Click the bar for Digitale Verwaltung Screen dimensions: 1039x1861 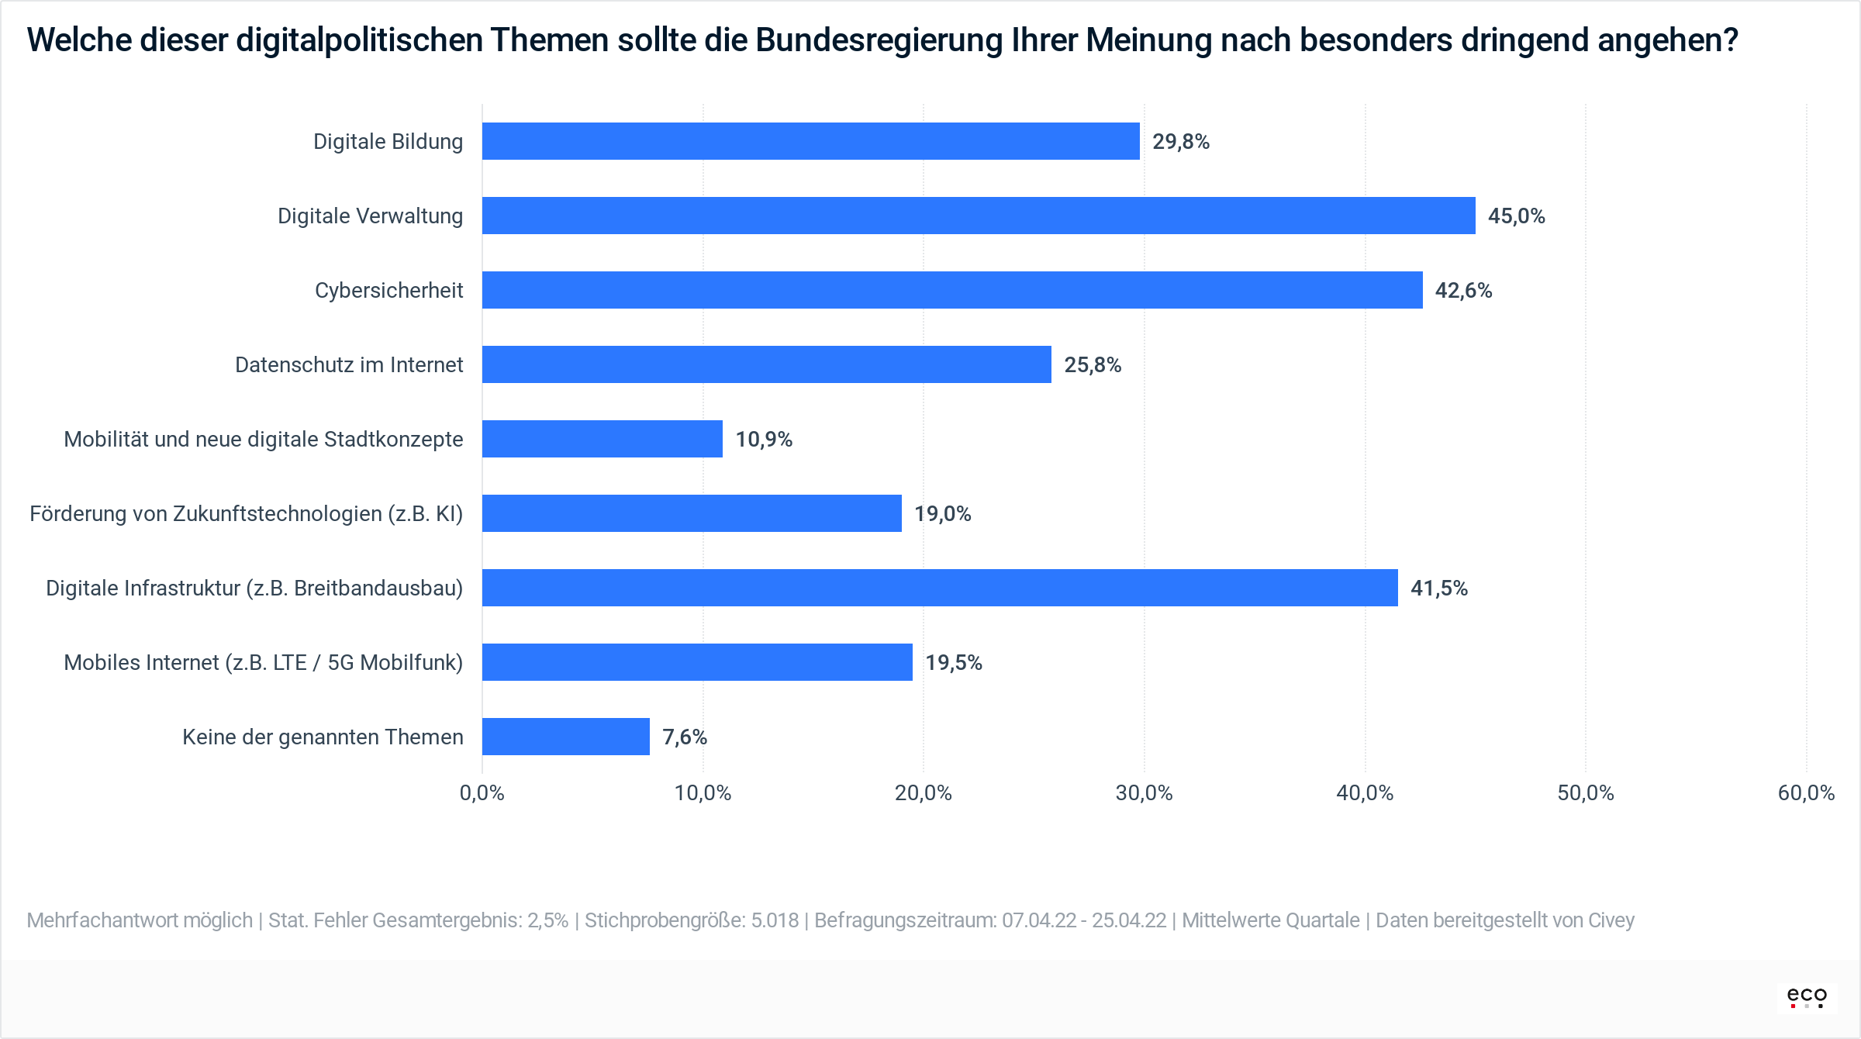(x=979, y=216)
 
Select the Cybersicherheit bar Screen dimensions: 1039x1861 (x=952, y=290)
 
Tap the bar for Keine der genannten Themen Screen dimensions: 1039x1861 (x=566, y=737)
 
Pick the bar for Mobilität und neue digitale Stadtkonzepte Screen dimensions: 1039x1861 (x=602, y=439)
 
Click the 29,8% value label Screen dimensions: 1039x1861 (x=1180, y=142)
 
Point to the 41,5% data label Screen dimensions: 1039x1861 (x=1438, y=589)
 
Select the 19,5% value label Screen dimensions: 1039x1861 (x=953, y=663)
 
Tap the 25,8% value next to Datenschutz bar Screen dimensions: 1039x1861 (x=1092, y=365)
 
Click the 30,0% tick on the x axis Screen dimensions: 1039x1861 (x=1144, y=793)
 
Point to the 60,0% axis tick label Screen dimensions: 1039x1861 (x=1805, y=793)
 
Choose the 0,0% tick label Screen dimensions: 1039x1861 (x=482, y=793)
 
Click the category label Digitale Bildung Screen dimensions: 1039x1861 (x=388, y=142)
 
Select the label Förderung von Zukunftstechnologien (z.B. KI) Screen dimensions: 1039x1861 (x=246, y=514)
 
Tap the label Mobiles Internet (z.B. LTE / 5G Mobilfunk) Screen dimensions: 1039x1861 (x=263, y=663)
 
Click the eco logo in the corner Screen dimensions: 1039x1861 (x=1807, y=996)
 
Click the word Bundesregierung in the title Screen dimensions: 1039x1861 (x=879, y=40)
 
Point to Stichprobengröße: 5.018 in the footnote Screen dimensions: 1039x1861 (x=691, y=920)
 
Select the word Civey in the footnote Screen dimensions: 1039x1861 (x=1611, y=920)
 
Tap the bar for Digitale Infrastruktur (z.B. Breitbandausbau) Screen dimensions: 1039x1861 (x=940, y=588)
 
